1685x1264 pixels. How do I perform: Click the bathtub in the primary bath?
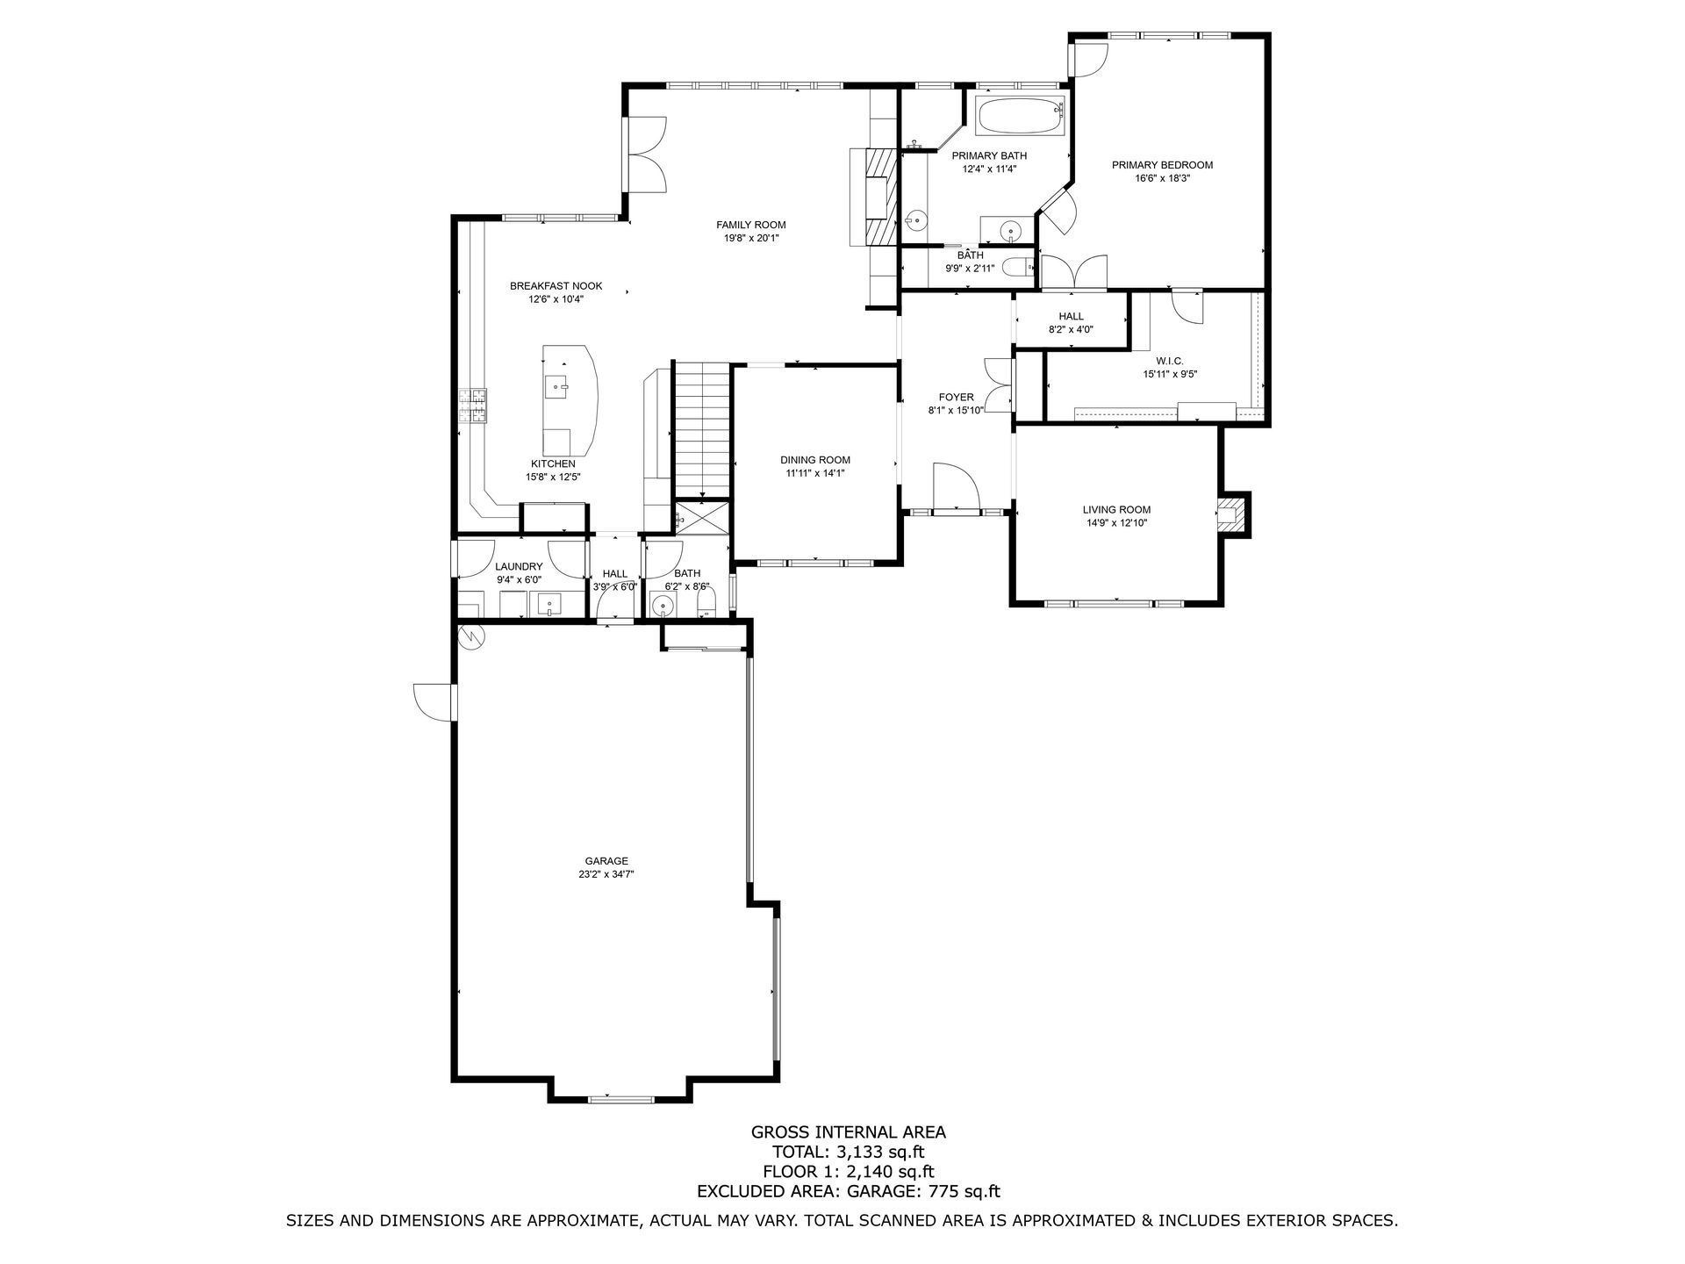tap(1021, 116)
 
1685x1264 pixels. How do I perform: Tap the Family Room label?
tap(750, 225)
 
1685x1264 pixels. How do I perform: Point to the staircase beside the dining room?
tap(702, 429)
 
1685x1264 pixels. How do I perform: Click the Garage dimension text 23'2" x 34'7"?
tap(606, 874)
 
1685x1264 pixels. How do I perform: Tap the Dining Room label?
tap(815, 460)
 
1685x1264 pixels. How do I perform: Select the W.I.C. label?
tap(1170, 361)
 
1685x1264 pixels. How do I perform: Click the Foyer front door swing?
tap(955, 485)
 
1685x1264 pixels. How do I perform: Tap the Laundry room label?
tap(519, 567)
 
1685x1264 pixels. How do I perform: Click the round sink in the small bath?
tap(663, 605)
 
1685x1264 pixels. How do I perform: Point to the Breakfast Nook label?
tap(569, 286)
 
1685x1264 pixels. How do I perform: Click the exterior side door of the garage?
tap(435, 702)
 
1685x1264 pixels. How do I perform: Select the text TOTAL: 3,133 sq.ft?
tap(848, 1152)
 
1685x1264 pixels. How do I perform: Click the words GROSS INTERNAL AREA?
tap(848, 1132)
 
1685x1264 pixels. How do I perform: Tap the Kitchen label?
tap(553, 463)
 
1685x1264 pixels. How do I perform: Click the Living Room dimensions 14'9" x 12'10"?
tap(1115, 523)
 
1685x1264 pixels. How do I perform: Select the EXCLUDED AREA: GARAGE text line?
tap(848, 1191)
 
